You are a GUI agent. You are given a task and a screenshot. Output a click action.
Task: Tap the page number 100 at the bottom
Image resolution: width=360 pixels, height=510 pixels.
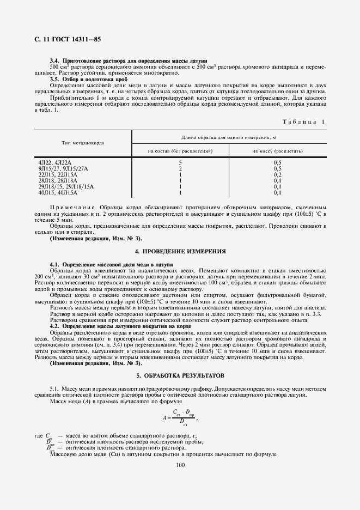click(x=181, y=465)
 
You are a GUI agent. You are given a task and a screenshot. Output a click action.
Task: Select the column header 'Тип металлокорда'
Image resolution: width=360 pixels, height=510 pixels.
click(x=83, y=143)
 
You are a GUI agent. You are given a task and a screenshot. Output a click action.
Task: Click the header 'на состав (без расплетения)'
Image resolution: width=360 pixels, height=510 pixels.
click(x=180, y=150)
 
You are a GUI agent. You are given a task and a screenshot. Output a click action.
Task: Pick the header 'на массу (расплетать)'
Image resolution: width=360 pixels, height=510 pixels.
click(x=277, y=150)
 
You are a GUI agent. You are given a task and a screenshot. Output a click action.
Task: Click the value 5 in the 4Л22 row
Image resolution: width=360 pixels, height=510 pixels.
click(x=180, y=163)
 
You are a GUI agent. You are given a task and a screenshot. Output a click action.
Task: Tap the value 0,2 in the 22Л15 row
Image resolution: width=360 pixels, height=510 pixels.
click(x=277, y=175)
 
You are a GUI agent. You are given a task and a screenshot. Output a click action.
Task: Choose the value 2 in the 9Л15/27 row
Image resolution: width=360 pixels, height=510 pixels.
click(x=180, y=169)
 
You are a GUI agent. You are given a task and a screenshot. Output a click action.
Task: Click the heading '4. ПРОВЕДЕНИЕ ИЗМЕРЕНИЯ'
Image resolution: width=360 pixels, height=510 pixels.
click(x=180, y=251)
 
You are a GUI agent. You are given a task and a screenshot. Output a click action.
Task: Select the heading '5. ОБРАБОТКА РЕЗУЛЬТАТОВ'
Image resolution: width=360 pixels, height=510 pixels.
click(x=180, y=376)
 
